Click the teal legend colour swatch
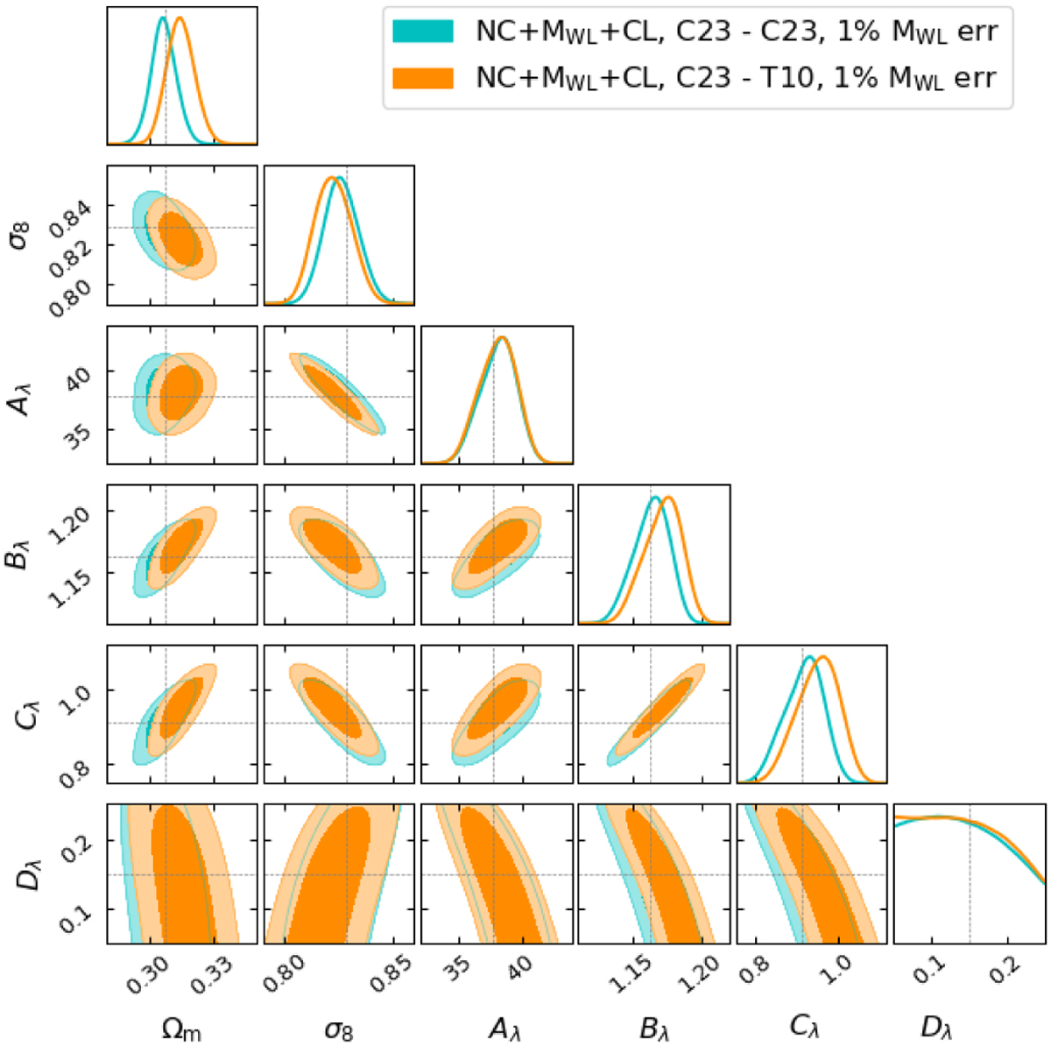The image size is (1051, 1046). click(x=423, y=32)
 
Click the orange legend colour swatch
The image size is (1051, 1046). click(x=423, y=79)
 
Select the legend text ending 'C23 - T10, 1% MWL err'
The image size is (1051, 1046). click(x=736, y=79)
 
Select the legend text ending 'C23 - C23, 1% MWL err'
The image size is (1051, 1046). click(x=736, y=32)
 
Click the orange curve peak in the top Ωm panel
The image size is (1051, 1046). click(x=180, y=18)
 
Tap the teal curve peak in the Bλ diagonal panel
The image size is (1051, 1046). click(x=653, y=498)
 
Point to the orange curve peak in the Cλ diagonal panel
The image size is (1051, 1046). click(x=823, y=657)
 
